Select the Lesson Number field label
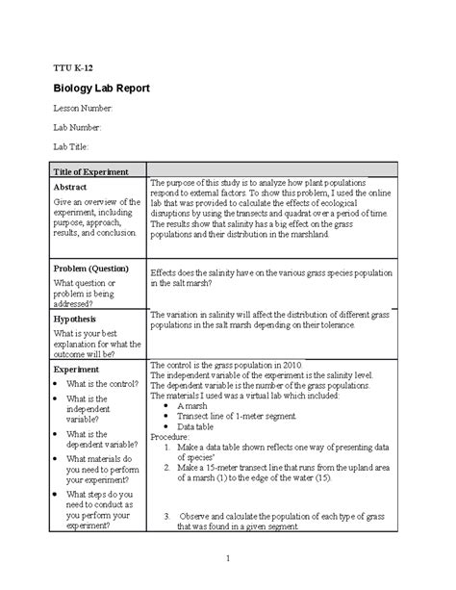pyautogui.click(x=83, y=109)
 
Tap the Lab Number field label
pyautogui.click(x=77, y=127)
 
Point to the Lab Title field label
pyautogui.click(x=71, y=146)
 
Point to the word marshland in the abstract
pyautogui.click(x=307, y=234)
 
